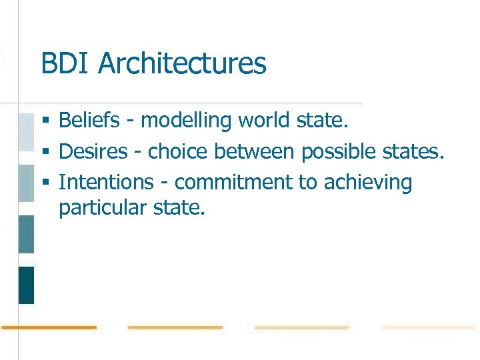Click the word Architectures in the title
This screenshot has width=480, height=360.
pos(182,64)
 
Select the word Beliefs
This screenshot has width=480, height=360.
pos(89,121)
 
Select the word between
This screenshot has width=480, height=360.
pos(254,151)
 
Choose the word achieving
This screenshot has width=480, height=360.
pos(368,183)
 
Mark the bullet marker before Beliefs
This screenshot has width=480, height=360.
pos(45,121)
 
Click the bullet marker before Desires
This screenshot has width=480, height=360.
pos(45,152)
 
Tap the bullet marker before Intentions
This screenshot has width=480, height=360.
pos(45,183)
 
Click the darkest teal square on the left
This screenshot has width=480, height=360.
pos(26,285)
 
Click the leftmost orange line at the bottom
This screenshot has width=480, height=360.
pos(49,327)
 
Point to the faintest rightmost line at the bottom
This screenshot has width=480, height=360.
pos(428,327)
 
